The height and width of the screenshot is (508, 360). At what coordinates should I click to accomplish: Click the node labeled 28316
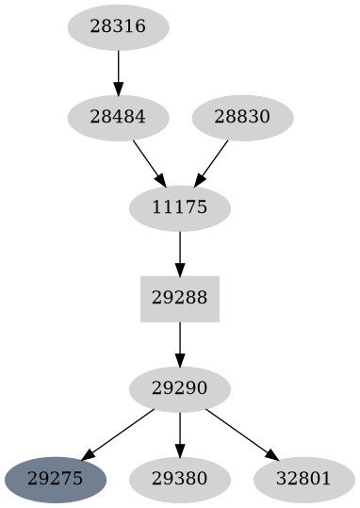coord(118,27)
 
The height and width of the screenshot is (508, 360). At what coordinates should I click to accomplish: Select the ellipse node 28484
coord(118,118)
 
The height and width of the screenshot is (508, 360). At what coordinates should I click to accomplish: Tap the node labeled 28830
coord(242,118)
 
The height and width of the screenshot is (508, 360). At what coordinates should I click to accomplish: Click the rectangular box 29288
coord(179,299)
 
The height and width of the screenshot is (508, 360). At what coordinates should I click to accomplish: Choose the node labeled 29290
coord(179,389)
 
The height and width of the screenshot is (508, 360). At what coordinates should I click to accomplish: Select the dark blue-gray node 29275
coord(56,480)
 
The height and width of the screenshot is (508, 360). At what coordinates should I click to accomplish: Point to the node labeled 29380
coord(179,480)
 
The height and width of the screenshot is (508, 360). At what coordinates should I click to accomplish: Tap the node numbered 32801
coord(303,480)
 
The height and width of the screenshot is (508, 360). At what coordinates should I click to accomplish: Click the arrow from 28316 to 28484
coord(118,72)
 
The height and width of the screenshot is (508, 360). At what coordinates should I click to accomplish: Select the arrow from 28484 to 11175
coord(149,162)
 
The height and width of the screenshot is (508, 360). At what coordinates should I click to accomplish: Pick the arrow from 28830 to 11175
coord(211,162)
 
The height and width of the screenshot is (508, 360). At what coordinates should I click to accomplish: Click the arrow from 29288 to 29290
coord(179,343)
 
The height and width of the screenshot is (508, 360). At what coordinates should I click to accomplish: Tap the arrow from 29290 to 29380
coord(179,434)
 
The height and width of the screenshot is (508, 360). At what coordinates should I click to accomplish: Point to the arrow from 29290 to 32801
coord(239,434)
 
